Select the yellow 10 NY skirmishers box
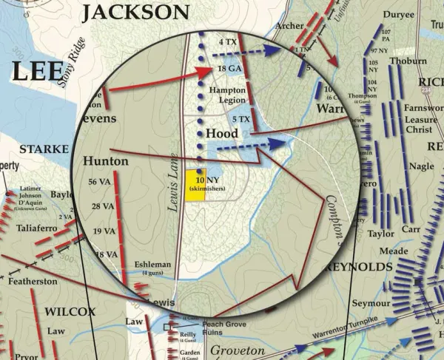pyautogui.click(x=196, y=186)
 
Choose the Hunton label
pyautogui.click(x=106, y=160)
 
